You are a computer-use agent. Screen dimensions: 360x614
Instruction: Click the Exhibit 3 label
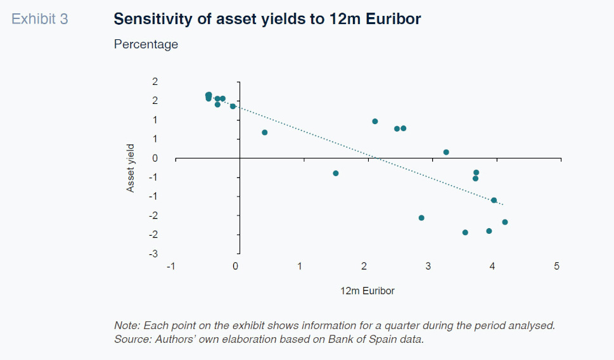coord(39,20)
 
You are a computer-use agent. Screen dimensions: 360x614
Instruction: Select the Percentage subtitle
coord(146,44)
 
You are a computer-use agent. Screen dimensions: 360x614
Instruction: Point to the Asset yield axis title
coord(131,168)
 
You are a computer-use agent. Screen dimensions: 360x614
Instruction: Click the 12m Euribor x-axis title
coord(368,291)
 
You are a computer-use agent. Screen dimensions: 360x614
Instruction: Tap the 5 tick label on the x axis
coord(557,266)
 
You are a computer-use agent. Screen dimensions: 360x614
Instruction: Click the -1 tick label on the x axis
coord(170,266)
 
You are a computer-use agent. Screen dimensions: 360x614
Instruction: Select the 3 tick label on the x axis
coord(428,266)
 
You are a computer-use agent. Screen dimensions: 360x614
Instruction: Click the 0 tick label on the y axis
coord(155,158)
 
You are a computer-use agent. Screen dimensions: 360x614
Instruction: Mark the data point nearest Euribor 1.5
coord(336,173)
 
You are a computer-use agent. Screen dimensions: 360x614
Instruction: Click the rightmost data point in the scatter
coord(505,222)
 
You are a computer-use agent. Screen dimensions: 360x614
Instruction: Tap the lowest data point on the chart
coord(465,233)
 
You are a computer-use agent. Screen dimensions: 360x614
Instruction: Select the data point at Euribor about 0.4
coord(265,132)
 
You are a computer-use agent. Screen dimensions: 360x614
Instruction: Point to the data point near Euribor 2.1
coord(375,121)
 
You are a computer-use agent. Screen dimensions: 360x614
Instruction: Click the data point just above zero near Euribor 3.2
coord(446,152)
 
